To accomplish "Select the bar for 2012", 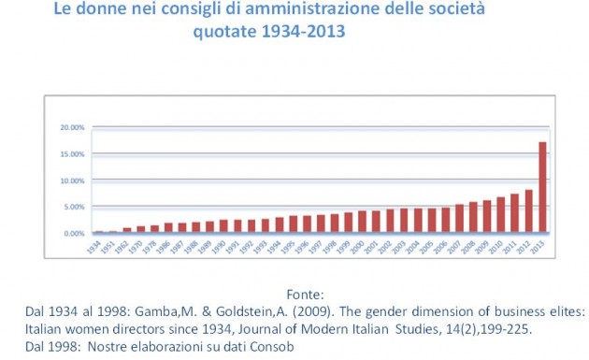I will [528, 211].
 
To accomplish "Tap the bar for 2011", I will [514, 213].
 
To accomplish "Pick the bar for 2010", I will [500, 215].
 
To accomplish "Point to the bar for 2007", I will [459, 219].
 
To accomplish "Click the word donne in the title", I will [116, 11].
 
